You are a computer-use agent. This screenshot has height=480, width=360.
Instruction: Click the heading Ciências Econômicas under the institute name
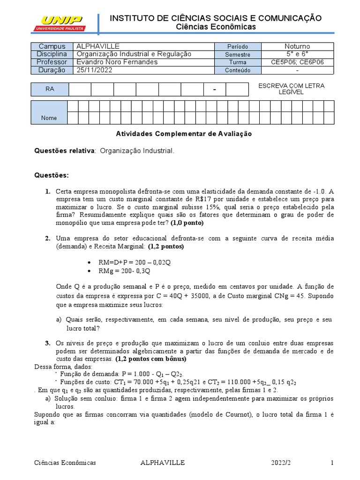(x=216, y=27)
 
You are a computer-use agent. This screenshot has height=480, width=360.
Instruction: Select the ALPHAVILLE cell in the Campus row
(x=98, y=46)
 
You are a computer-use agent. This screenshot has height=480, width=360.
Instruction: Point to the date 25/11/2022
(x=94, y=70)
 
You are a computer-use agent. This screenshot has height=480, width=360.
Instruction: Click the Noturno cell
(x=297, y=46)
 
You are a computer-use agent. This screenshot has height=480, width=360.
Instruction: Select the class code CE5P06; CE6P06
(x=297, y=62)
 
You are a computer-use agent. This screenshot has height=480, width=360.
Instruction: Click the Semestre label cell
(x=238, y=54)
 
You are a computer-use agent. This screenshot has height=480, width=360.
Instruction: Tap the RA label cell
(x=50, y=89)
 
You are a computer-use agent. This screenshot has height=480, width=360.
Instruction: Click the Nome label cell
(x=49, y=118)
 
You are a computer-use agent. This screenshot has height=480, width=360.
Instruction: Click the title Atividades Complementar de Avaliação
(x=184, y=134)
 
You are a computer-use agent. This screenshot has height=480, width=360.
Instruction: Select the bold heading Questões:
(x=52, y=175)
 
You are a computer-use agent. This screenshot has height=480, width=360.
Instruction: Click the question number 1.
(x=47, y=191)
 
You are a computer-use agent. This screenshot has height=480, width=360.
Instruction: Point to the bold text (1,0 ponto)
(x=187, y=223)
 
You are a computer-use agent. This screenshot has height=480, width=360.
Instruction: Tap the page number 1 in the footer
(x=332, y=463)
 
